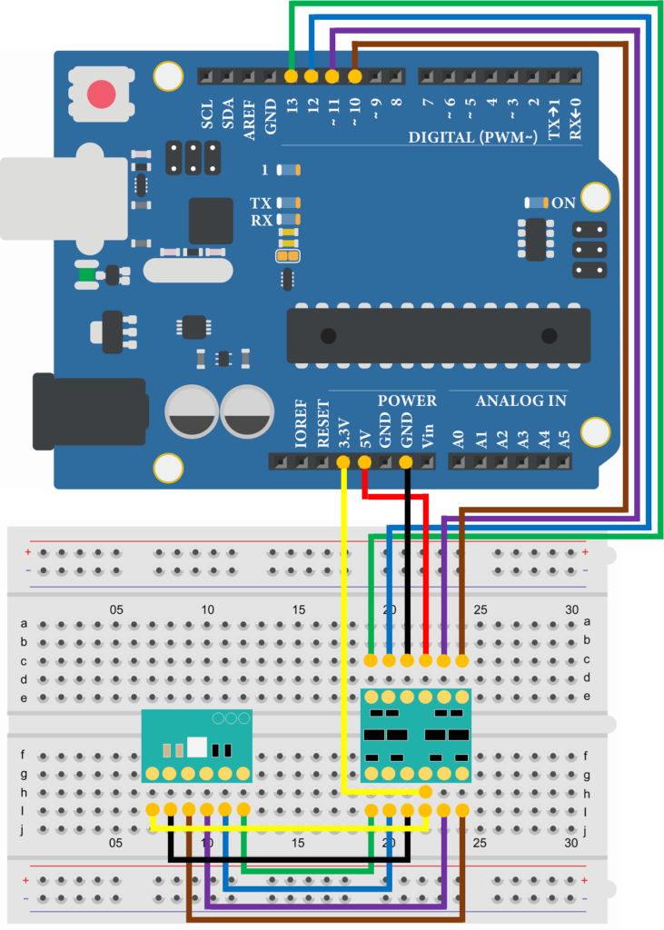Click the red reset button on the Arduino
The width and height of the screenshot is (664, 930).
tap(101, 94)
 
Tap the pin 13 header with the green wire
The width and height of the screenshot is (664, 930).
tap(291, 76)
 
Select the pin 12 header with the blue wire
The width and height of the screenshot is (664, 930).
tap(312, 76)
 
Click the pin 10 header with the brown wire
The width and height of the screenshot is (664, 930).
tap(354, 76)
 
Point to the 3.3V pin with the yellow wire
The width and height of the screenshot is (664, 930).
tap(343, 462)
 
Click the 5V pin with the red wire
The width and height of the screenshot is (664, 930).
tap(364, 462)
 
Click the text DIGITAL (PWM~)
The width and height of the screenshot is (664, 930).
tap(472, 137)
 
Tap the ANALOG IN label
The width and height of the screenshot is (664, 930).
tap(521, 401)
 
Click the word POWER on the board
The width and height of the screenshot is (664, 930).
tap(407, 401)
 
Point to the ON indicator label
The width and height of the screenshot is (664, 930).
tap(563, 203)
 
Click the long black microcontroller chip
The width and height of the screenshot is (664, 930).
tap(438, 336)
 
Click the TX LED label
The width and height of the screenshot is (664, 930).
tap(261, 203)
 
